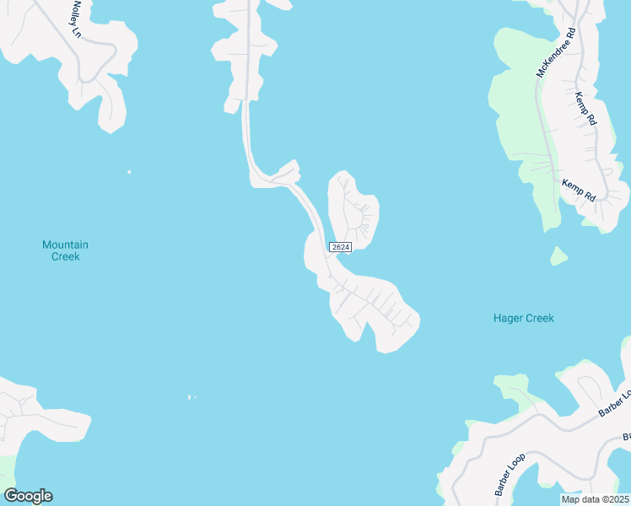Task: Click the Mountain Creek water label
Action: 65,250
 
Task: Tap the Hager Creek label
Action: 523,318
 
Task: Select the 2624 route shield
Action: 340,246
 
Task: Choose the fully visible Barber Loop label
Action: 510,474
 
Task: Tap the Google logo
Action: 28,496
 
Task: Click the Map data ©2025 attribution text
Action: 595,499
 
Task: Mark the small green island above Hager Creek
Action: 558,256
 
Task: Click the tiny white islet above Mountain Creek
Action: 129,172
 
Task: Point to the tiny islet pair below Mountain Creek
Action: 191,397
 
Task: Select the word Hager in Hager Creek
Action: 508,318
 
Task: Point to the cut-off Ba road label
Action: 626,437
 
